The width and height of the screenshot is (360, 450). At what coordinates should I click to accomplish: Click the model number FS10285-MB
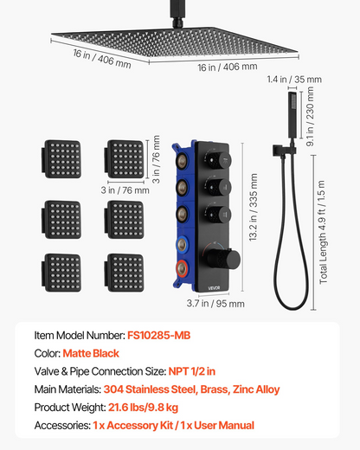[159, 336]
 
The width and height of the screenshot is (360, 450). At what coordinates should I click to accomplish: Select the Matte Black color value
[91, 353]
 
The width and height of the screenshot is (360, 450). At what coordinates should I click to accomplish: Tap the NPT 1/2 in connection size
[192, 371]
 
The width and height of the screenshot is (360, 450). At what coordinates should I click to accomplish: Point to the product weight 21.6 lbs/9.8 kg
[143, 408]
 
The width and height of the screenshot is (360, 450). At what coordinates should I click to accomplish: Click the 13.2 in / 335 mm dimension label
[253, 207]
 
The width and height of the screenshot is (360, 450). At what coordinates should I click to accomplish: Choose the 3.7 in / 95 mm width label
[215, 304]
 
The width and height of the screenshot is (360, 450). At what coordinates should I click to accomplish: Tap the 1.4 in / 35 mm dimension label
[294, 79]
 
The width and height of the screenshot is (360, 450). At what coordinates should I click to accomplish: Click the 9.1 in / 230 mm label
[310, 117]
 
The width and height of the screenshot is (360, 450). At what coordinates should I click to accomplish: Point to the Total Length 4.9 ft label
[323, 232]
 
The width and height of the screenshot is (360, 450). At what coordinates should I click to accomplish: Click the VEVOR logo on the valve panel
[214, 288]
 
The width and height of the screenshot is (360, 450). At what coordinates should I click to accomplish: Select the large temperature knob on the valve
[223, 259]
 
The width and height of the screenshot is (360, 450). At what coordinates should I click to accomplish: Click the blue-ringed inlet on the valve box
[182, 244]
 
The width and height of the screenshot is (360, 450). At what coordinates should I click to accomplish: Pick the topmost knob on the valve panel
[219, 160]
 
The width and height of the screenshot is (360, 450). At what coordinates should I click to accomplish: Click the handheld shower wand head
[292, 115]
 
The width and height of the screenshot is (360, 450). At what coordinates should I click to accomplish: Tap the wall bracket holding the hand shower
[284, 151]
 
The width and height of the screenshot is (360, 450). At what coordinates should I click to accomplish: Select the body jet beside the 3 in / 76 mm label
[124, 159]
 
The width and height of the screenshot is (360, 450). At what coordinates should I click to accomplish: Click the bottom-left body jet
[61, 273]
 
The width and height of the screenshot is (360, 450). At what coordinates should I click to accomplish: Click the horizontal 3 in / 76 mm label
[125, 190]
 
